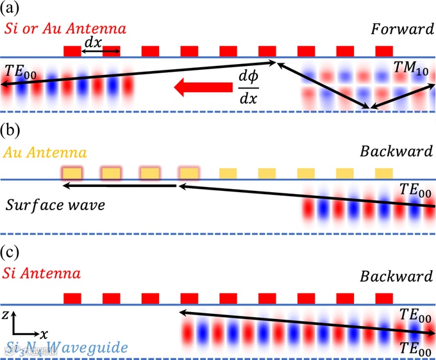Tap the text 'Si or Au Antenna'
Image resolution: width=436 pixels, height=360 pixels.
tap(65, 29)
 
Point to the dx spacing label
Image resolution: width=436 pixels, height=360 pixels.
tap(92, 42)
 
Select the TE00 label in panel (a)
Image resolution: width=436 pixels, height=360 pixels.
tap(21, 70)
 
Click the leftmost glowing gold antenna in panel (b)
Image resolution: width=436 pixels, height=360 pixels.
tap(72, 173)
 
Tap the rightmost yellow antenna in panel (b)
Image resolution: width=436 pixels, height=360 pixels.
tap(383, 173)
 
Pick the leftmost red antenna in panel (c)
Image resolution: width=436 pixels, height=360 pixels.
tap(72, 298)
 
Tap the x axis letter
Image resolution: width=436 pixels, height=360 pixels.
tap(43, 334)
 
